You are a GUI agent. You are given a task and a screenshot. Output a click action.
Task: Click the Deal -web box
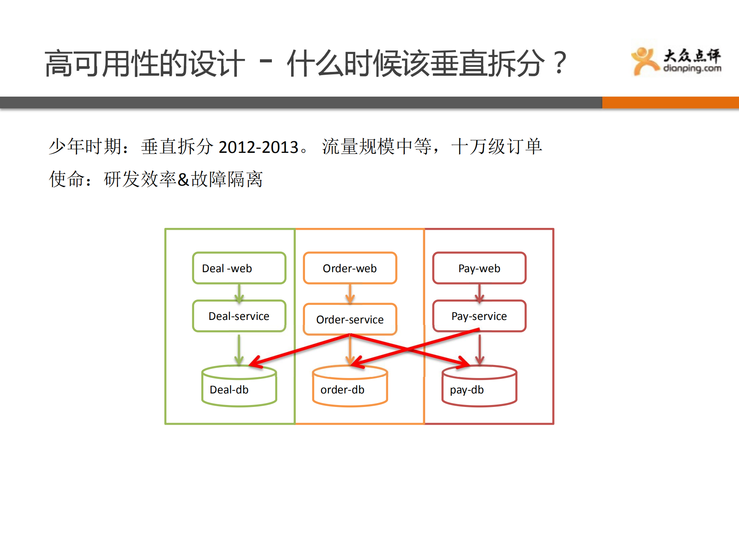click(x=239, y=268)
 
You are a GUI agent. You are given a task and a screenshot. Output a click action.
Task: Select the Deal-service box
click(x=239, y=316)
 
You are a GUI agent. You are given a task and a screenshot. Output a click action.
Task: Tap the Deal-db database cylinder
click(x=239, y=387)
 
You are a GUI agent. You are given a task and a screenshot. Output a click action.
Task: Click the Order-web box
click(x=350, y=268)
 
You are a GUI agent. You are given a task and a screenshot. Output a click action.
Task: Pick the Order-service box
click(x=350, y=319)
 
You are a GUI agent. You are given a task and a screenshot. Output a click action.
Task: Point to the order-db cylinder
click(x=350, y=387)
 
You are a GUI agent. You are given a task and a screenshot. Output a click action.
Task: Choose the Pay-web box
click(x=479, y=268)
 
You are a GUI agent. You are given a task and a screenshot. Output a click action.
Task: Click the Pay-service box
click(x=479, y=316)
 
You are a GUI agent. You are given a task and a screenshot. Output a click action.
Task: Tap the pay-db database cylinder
click(x=479, y=387)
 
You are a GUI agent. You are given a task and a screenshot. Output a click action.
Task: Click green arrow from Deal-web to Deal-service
click(x=239, y=293)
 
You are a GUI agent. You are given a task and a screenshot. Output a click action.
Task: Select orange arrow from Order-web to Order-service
click(x=350, y=294)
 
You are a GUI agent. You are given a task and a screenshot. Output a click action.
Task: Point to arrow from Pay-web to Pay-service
click(x=479, y=293)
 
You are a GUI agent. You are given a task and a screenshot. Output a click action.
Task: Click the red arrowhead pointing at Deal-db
click(x=255, y=363)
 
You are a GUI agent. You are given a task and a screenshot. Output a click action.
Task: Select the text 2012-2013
click(x=258, y=147)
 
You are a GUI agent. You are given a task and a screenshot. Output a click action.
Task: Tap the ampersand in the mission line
click(x=183, y=180)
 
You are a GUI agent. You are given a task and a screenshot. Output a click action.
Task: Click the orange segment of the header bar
click(x=670, y=102)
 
